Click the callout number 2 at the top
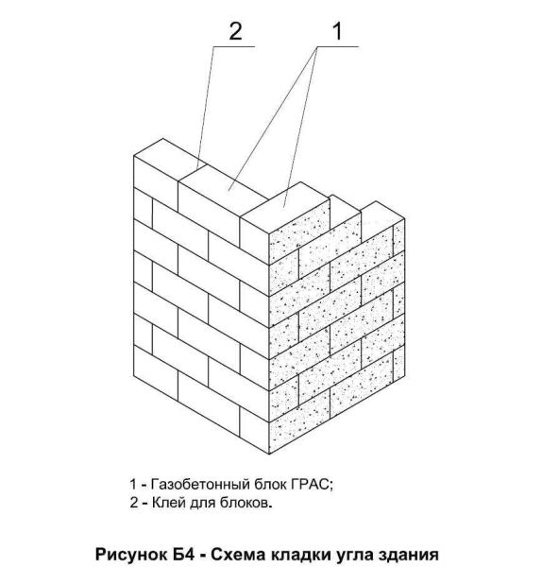tap(236, 31)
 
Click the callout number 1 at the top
tap(337, 31)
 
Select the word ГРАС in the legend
tap(311, 484)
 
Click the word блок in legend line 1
tap(270, 484)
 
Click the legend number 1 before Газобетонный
tap(133, 484)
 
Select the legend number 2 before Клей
tap(134, 503)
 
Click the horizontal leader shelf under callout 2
tap(234, 46)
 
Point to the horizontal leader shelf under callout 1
tap(337, 46)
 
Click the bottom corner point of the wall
tap(269, 454)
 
